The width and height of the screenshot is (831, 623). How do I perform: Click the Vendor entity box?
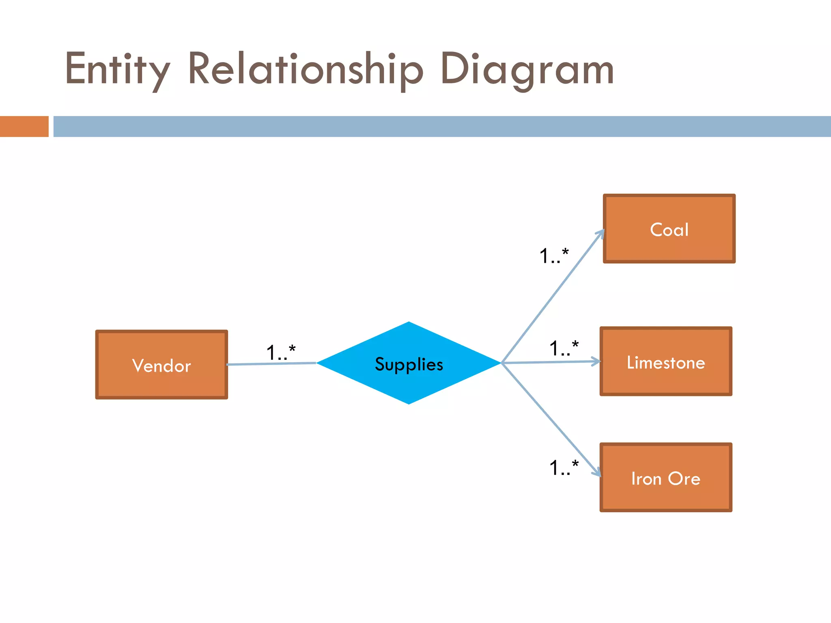coord(161,365)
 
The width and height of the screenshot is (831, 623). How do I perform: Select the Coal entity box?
coord(669,229)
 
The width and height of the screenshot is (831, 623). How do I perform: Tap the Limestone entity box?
coord(666,361)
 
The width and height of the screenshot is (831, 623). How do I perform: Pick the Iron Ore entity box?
coord(666,477)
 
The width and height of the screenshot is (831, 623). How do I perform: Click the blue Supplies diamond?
coord(409,363)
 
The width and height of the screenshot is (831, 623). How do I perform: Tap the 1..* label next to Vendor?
coord(281,352)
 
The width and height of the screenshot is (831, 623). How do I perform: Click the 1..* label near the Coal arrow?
coord(554,256)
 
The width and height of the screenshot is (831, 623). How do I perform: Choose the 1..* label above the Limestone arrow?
coord(564,348)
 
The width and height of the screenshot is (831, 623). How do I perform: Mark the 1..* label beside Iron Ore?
coord(564,467)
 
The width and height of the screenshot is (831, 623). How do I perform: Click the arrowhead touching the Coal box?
coord(601,233)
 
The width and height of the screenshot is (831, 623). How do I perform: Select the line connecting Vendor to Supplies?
coord(271,364)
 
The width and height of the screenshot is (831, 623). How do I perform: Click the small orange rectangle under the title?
coord(24,127)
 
